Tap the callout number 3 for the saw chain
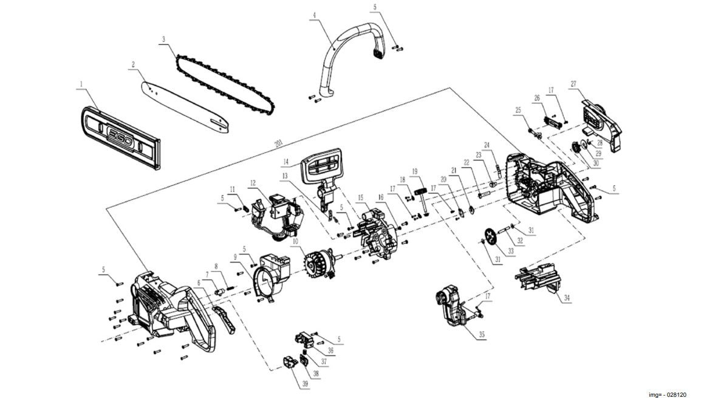(x=163, y=39)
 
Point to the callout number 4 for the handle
(x=315, y=15)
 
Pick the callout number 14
(x=284, y=162)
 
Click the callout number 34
(x=567, y=298)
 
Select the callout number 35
(x=482, y=335)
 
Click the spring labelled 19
(x=419, y=194)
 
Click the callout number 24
(x=487, y=145)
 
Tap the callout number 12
(x=252, y=182)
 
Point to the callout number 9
(x=234, y=256)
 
